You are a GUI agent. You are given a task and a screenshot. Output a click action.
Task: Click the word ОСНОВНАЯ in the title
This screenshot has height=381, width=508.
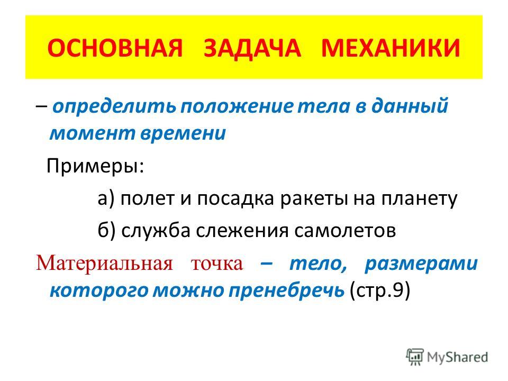115,48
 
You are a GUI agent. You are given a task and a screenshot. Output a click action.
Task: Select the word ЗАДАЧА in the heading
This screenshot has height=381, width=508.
252,49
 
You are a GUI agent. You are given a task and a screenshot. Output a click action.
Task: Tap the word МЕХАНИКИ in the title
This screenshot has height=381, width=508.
391,48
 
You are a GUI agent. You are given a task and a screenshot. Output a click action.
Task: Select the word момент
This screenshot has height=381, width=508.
93,133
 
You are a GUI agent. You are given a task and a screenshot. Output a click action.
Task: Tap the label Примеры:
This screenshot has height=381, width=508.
95,167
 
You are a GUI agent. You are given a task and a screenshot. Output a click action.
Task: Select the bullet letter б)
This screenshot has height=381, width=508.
106,230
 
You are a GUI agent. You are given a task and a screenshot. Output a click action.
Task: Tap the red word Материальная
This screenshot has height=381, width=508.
104,263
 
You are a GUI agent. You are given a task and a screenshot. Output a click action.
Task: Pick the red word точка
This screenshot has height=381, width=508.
217,264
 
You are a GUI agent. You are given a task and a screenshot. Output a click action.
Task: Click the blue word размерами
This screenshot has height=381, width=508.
421,264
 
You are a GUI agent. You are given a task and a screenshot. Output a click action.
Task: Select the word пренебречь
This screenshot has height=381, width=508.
286,290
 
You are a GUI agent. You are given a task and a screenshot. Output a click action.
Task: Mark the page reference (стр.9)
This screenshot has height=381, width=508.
380,291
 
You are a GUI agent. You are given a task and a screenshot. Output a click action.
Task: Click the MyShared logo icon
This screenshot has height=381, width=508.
415,357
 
